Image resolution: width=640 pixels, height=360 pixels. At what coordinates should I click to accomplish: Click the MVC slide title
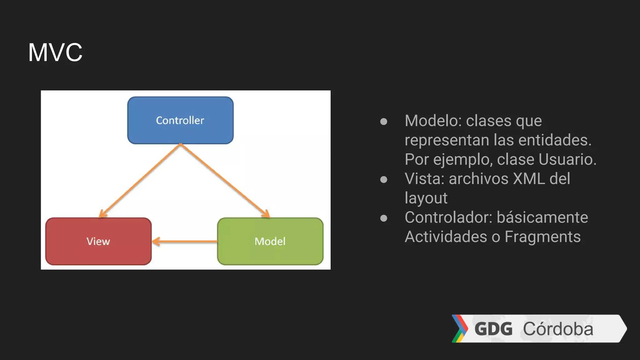[55, 52]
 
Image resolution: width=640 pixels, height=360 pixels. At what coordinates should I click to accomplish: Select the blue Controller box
[180, 120]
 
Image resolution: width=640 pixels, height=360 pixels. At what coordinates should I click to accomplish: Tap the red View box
[98, 241]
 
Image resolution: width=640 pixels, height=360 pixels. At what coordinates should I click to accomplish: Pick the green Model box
[270, 241]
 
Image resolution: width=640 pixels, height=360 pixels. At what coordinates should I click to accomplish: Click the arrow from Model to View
[184, 241]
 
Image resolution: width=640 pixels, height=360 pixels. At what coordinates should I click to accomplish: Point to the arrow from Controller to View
[140, 180]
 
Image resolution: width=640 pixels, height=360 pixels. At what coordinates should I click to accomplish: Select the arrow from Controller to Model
[224, 180]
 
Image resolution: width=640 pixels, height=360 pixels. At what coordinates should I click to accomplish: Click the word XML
[529, 179]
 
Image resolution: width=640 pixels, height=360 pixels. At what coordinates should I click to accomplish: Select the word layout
[426, 198]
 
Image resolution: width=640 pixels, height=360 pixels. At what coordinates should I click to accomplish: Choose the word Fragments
[542, 237]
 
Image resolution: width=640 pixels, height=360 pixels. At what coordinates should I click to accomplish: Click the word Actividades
[446, 237]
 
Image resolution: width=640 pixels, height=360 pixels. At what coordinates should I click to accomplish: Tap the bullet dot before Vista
[384, 179]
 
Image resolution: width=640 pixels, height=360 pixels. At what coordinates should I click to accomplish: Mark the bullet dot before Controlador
[384, 218]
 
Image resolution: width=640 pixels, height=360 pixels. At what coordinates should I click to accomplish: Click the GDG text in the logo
[493, 329]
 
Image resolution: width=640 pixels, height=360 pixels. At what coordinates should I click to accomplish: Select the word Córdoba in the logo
[558, 329]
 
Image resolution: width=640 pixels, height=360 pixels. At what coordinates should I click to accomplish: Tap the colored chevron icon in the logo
[460, 328]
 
